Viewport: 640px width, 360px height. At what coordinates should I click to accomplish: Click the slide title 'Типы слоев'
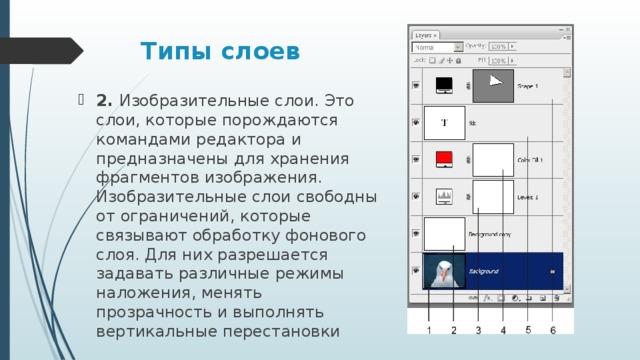coord(219,51)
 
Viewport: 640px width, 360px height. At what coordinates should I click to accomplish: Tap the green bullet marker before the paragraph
coord(80,100)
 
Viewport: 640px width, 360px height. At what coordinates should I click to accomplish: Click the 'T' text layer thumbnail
coord(444,123)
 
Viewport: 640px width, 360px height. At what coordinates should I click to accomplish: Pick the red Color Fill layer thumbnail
coord(444,159)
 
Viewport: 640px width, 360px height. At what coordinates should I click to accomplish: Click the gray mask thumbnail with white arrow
coord(492,87)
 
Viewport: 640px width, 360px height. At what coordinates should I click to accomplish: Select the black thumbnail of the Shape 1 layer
coord(444,87)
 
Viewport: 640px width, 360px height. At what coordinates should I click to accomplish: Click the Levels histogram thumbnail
coord(444,196)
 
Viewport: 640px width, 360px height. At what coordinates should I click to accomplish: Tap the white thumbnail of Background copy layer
coord(444,233)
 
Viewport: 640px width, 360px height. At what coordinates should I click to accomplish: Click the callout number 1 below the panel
coord(428,329)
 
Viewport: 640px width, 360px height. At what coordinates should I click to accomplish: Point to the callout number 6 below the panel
coord(553,329)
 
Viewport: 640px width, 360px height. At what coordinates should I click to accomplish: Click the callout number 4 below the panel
coord(503,329)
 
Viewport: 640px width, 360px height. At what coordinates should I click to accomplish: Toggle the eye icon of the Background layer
coord(416,270)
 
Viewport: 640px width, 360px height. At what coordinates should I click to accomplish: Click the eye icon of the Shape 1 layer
coord(416,87)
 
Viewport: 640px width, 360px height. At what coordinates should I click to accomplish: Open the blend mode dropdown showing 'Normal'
coord(437,47)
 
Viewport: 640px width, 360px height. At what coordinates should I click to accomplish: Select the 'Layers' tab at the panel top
coord(427,34)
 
